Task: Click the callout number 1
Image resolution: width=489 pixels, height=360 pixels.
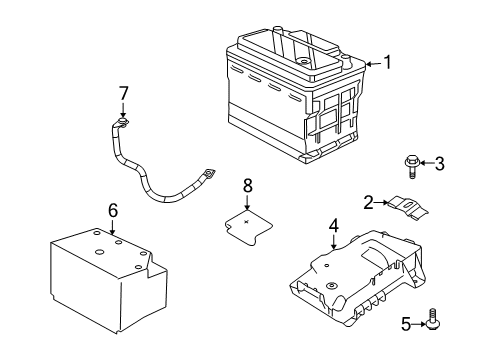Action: (387, 63)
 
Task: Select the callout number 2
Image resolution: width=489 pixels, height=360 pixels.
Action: (368, 203)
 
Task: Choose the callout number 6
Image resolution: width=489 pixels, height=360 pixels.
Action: (113, 210)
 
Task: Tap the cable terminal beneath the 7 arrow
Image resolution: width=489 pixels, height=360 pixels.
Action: (124, 124)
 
